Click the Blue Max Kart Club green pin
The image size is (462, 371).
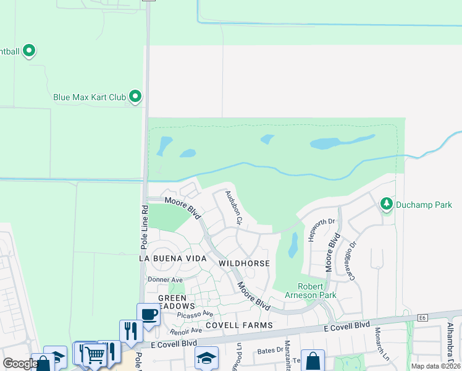point(135,97)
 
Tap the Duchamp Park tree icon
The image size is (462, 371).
point(387,204)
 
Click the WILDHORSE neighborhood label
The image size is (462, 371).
point(244,263)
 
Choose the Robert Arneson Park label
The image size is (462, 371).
point(317,291)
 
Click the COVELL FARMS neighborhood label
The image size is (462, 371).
point(239,325)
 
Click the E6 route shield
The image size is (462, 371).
point(422,318)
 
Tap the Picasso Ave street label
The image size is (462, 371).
point(195,315)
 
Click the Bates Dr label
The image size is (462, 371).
point(266,351)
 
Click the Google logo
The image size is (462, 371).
point(20,364)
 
